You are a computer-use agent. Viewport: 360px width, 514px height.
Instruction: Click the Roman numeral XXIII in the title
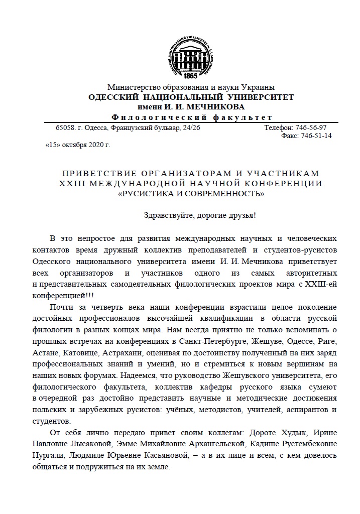tap(74, 184)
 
